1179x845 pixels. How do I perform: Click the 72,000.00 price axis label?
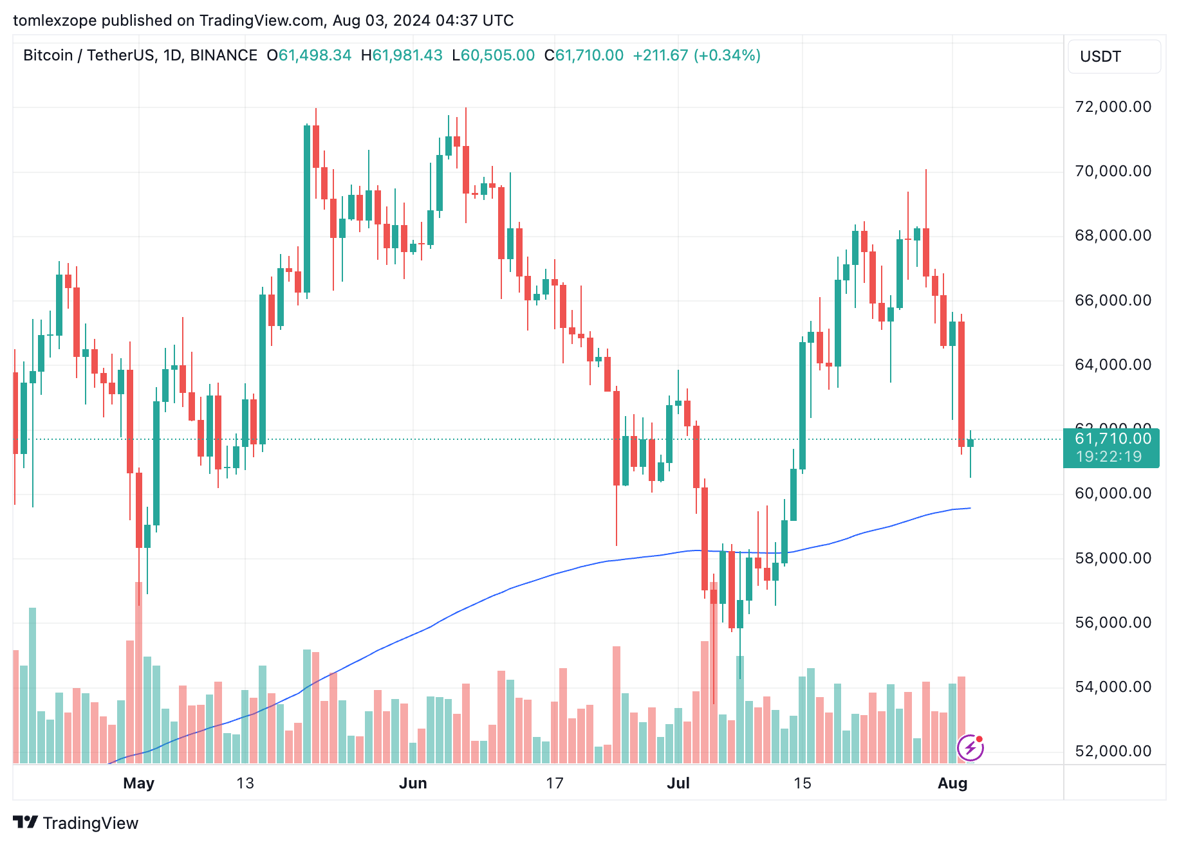point(1113,107)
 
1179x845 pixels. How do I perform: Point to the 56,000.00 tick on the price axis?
point(1113,622)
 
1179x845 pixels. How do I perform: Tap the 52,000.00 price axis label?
point(1113,751)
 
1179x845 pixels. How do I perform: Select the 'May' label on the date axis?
point(138,783)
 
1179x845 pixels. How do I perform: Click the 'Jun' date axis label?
point(413,783)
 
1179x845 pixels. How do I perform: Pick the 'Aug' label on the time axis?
point(952,783)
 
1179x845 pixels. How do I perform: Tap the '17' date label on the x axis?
point(554,783)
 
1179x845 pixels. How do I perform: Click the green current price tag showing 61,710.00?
point(1113,439)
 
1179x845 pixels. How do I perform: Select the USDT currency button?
point(1114,57)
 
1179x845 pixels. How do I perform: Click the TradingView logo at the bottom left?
point(76,823)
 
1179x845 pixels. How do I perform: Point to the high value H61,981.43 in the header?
point(402,55)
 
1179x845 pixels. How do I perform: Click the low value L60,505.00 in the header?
point(493,55)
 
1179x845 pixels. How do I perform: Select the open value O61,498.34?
point(310,55)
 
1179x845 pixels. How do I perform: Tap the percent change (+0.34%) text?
point(727,55)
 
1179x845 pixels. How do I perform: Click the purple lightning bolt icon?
point(970,748)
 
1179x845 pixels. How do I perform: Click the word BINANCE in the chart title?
point(223,55)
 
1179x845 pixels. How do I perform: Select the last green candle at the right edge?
point(970,442)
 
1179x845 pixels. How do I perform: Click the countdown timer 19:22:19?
point(1108,457)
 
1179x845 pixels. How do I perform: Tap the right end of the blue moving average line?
point(969,509)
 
